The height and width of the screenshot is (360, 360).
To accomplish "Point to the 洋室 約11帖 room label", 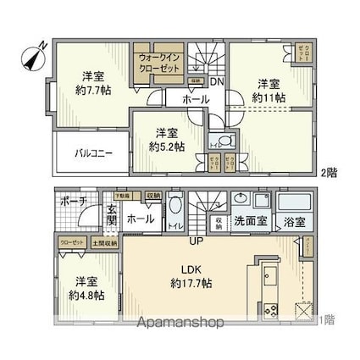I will tap(269, 91).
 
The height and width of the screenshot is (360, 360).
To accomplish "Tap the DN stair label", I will tap(217, 82).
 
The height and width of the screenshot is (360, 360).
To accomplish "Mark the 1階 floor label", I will tap(326, 320).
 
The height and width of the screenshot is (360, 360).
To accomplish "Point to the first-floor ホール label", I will tap(140, 219).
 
